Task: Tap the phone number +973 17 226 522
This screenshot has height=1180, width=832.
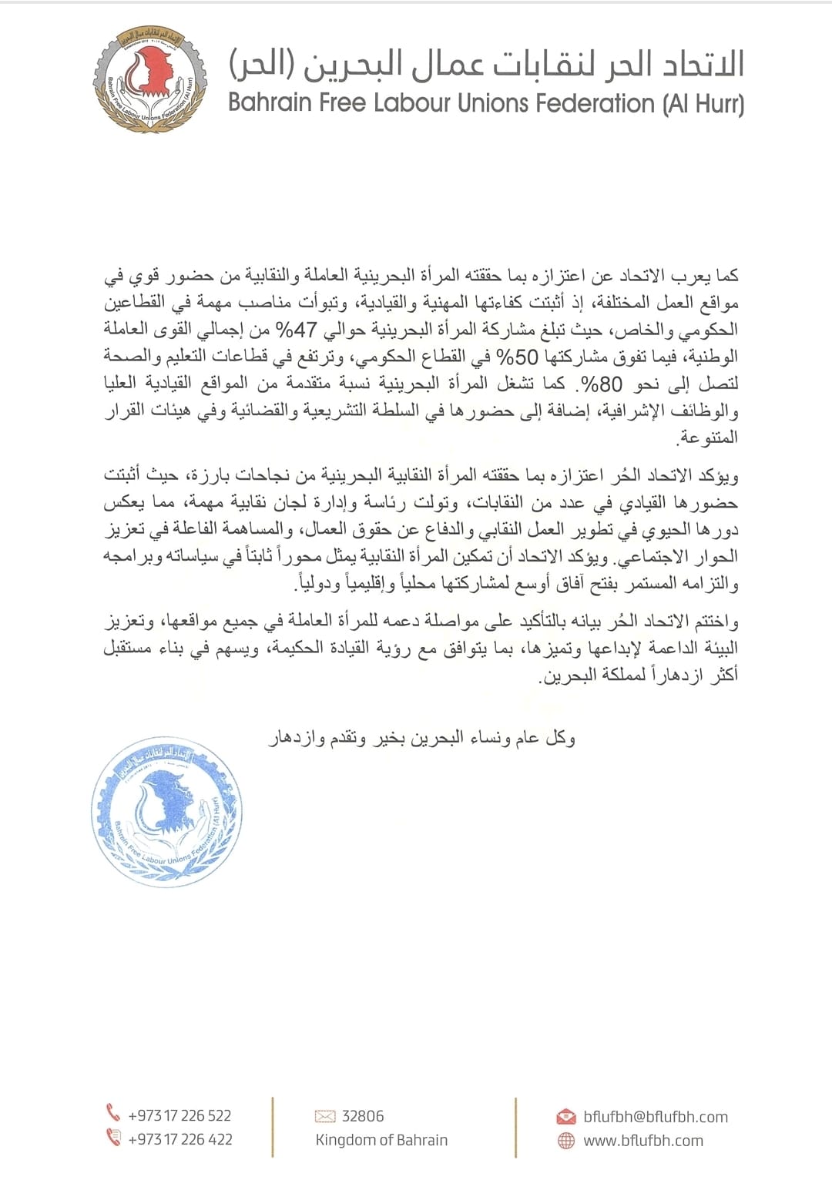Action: (x=179, y=1115)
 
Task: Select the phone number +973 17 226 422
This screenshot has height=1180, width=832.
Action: (x=179, y=1139)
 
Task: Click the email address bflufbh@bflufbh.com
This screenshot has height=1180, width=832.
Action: (x=655, y=1117)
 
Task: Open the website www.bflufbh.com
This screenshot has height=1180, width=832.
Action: (x=642, y=1141)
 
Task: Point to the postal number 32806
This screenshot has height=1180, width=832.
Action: (x=362, y=1116)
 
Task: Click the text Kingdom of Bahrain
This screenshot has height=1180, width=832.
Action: (x=381, y=1140)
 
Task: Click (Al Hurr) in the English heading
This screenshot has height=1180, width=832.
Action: (x=703, y=103)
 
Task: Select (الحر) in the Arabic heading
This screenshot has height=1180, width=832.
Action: (x=259, y=66)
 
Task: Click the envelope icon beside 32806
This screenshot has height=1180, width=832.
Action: (x=325, y=1116)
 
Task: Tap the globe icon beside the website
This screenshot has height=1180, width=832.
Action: (x=565, y=1141)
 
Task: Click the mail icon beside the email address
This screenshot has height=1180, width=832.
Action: (x=565, y=1117)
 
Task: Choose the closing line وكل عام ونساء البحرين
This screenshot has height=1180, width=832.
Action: (x=421, y=739)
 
